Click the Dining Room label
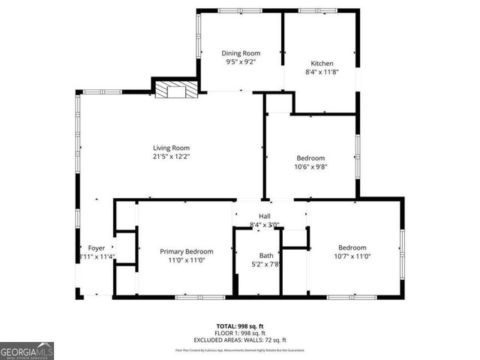click(x=240, y=52)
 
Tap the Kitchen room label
click(x=322, y=63)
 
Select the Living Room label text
click(x=171, y=148)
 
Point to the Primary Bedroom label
click(x=186, y=251)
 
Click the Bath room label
click(x=266, y=256)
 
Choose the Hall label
click(x=264, y=216)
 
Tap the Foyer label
click(x=97, y=247)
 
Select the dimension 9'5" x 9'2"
click(x=240, y=62)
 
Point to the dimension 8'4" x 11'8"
click(x=322, y=73)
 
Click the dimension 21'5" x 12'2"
click(x=171, y=157)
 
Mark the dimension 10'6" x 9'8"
click(x=310, y=167)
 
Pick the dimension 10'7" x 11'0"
click(x=352, y=257)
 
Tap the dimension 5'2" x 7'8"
click(x=266, y=265)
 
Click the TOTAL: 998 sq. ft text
click(x=240, y=325)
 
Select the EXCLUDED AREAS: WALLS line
click(x=240, y=339)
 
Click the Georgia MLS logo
click(x=27, y=351)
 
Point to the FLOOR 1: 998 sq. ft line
click(x=240, y=332)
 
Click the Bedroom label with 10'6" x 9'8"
click(x=310, y=158)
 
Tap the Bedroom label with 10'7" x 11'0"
click(x=352, y=247)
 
